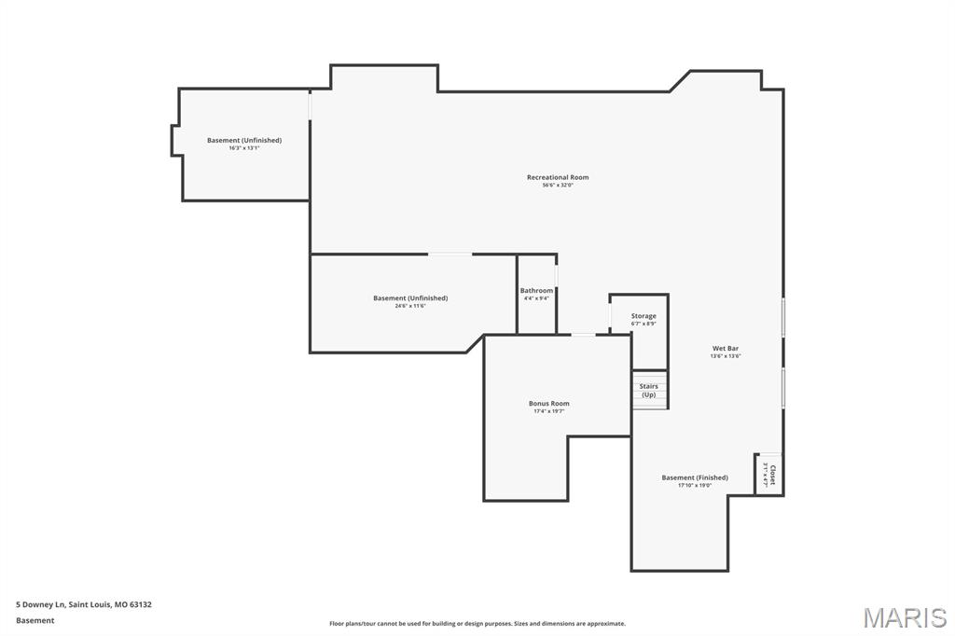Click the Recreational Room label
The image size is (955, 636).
coord(558,177)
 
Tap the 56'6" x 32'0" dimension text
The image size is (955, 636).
coord(558,185)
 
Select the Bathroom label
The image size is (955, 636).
coord(536,291)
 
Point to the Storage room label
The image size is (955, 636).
coord(644,316)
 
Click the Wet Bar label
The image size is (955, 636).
coord(726,348)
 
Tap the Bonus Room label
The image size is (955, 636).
coord(548,404)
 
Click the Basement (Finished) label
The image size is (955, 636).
coord(695,477)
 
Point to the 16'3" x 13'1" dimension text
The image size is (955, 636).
coord(244,147)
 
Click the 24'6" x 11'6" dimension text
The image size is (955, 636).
coord(410,305)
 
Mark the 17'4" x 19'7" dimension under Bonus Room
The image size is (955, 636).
coord(548,411)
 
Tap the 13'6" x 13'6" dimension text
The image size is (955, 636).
coord(726,355)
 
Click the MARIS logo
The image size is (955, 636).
coord(905,617)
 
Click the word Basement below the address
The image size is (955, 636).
coord(35,620)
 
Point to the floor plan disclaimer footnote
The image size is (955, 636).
coord(477,624)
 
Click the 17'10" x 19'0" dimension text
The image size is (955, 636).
coord(695,485)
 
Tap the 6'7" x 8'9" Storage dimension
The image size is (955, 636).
coord(644,324)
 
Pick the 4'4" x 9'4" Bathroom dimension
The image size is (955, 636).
coord(536,298)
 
